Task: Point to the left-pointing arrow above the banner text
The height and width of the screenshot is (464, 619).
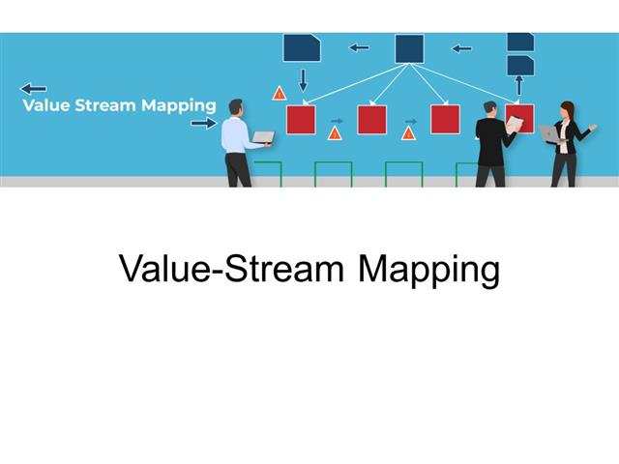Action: click(33, 88)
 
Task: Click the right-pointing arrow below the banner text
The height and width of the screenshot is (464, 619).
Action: click(203, 123)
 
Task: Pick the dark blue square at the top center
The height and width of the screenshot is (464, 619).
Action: click(409, 48)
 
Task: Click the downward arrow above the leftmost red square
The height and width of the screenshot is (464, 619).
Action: click(303, 79)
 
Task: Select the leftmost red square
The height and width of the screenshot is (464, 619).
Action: click(301, 120)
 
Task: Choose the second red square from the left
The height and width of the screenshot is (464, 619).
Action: click(372, 120)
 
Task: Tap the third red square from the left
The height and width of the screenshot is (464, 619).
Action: click(445, 120)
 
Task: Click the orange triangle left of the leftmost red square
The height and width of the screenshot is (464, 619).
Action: click(279, 94)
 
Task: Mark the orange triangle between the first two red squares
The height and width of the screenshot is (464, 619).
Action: click(335, 133)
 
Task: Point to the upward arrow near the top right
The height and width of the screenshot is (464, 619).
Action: click(518, 85)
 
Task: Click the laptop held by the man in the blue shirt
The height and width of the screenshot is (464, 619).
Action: click(262, 138)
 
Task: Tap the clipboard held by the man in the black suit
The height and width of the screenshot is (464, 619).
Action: click(515, 125)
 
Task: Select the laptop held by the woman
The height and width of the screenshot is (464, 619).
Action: click(548, 134)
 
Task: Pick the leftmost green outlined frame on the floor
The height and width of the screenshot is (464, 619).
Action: click(267, 174)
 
